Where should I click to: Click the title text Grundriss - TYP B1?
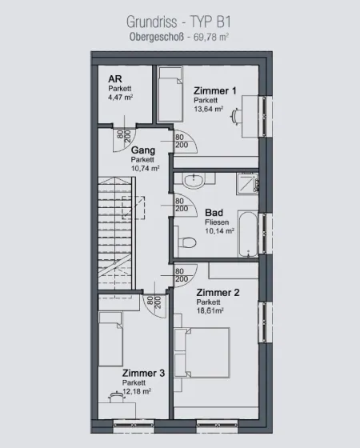[x=178, y=22]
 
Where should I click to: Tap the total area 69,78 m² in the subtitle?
[x=211, y=37]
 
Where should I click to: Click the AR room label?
[x=115, y=78]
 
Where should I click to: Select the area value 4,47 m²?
[x=120, y=98]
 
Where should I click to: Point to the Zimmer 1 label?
[x=215, y=91]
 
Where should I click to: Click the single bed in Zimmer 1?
[x=170, y=94]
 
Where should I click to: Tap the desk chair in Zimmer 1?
[x=235, y=116]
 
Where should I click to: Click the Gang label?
[x=143, y=150]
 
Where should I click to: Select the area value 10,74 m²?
[x=145, y=169]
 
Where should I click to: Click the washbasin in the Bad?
[x=194, y=181]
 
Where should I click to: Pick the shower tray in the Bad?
[x=247, y=184]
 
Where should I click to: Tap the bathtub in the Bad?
[x=248, y=234]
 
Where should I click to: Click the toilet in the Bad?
[x=187, y=242]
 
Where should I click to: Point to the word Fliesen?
[x=217, y=222]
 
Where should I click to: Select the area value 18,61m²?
[x=210, y=310]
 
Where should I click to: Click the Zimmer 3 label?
[x=143, y=373]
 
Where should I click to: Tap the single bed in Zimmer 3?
[x=110, y=339]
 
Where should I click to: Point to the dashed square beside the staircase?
[x=134, y=208]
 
